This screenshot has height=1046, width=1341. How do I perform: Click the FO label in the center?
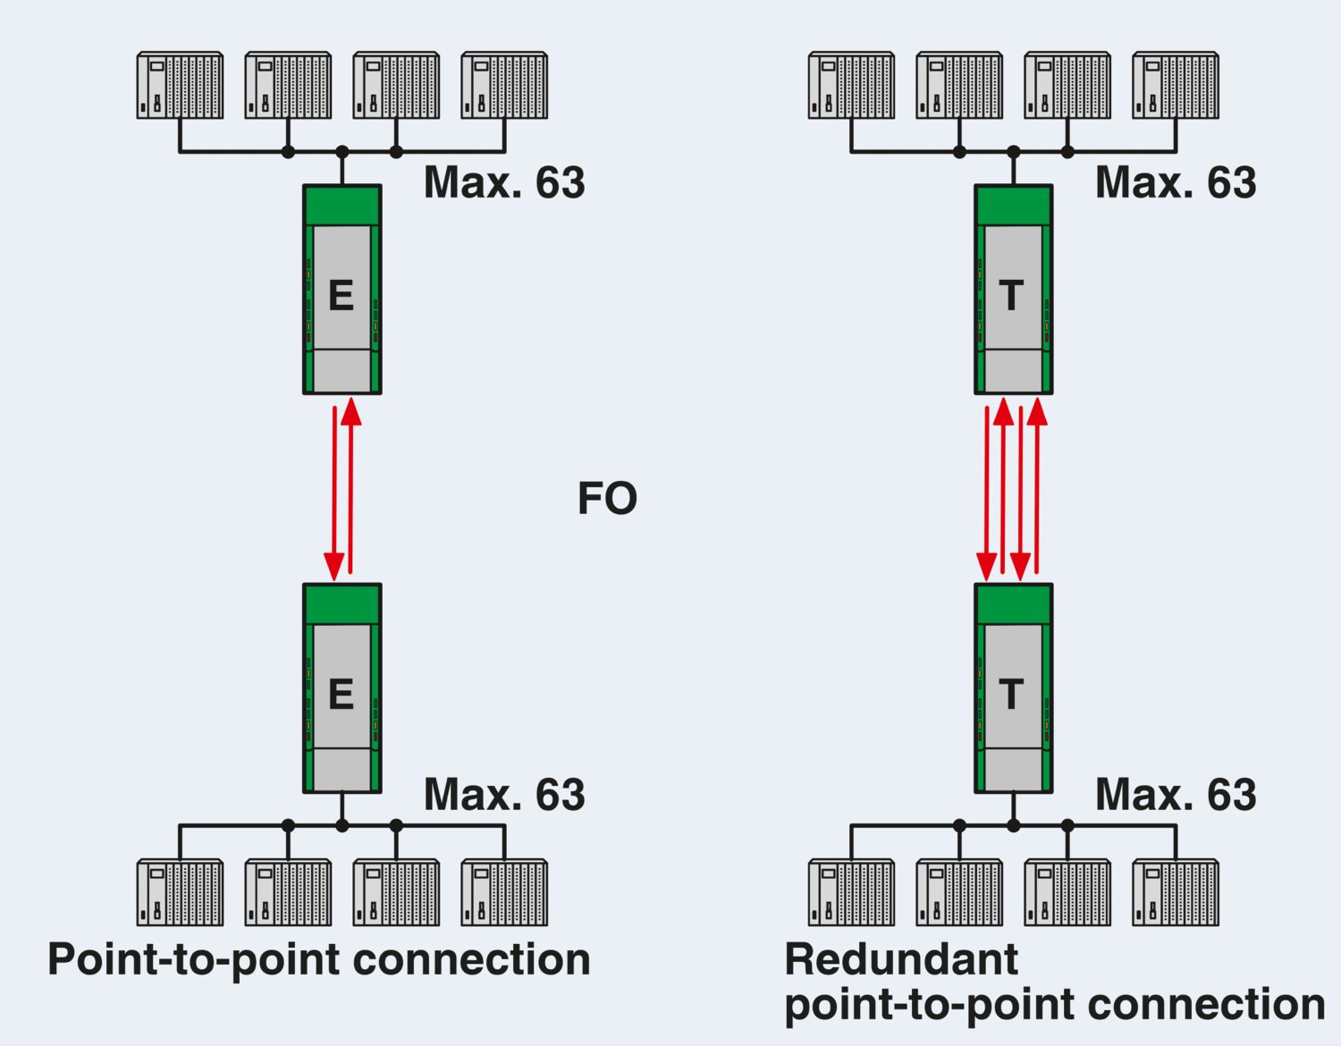click(607, 499)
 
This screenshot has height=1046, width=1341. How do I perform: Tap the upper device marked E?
click(342, 290)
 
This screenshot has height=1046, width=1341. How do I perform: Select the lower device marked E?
click(342, 688)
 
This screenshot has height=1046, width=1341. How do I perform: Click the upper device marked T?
click(1013, 290)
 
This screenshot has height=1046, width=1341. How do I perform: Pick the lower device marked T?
click(1013, 688)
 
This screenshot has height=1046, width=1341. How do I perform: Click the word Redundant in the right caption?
click(901, 960)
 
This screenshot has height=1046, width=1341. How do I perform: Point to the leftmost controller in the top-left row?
click(180, 86)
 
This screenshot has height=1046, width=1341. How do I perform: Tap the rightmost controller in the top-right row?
click(1175, 86)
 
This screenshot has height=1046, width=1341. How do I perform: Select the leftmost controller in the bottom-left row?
click(180, 892)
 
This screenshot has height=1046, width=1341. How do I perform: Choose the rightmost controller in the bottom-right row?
click(1175, 892)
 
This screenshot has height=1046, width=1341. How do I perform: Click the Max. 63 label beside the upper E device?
click(504, 182)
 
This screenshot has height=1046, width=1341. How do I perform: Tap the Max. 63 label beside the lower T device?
click(1176, 795)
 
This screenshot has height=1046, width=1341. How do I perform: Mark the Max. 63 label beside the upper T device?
click(1176, 182)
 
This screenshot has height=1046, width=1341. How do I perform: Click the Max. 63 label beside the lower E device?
click(504, 795)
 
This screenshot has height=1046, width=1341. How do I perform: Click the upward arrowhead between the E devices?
click(351, 412)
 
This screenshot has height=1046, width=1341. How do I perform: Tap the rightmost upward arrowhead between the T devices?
click(1037, 412)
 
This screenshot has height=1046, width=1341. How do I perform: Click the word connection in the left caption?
click(472, 960)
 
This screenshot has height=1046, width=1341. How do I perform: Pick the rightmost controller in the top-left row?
click(504, 86)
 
